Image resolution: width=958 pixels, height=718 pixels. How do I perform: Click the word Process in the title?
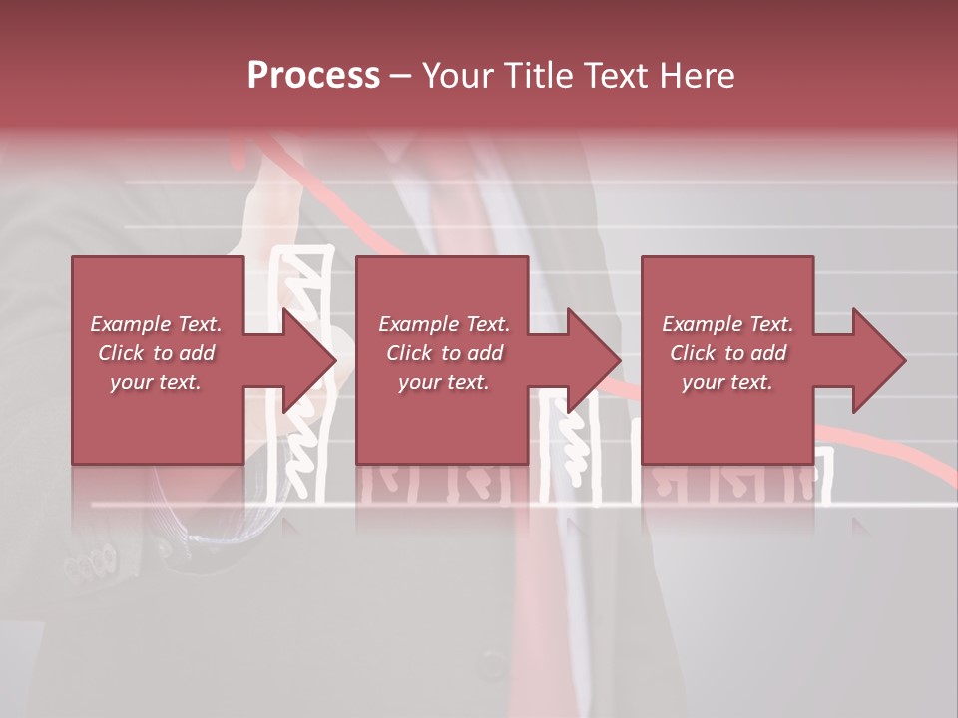pos(313,75)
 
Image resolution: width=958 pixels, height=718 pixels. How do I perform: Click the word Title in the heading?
pos(538,75)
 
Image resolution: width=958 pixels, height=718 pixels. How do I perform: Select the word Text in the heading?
pos(616,75)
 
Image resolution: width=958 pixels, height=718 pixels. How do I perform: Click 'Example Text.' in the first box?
pos(156,324)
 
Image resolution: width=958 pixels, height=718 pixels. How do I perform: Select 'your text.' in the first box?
pos(156,382)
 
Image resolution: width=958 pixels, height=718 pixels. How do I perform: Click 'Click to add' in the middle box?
pos(444,353)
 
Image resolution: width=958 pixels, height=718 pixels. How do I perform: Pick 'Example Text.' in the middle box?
pos(444,324)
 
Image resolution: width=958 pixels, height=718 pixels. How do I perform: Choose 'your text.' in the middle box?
pos(444,382)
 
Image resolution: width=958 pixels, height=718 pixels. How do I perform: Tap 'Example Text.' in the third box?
pos(727,324)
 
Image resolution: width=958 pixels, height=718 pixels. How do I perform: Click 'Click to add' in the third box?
pos(727,353)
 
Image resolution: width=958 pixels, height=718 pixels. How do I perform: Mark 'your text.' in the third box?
pos(727,382)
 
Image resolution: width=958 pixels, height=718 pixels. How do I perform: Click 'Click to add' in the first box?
pos(156,353)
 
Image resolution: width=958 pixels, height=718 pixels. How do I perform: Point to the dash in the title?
pos(401,76)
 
